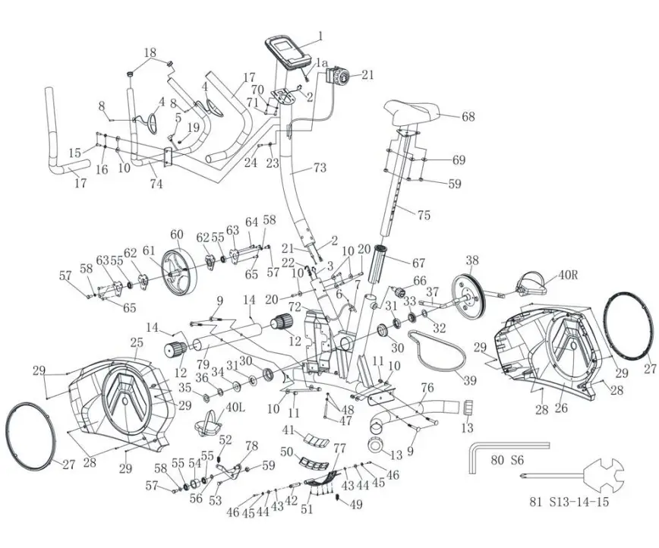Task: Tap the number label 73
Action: coord(319,167)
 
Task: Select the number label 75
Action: coord(424,215)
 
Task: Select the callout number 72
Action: coord(295,305)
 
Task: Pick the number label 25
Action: coord(137,342)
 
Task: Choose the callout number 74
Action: coord(156,184)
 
